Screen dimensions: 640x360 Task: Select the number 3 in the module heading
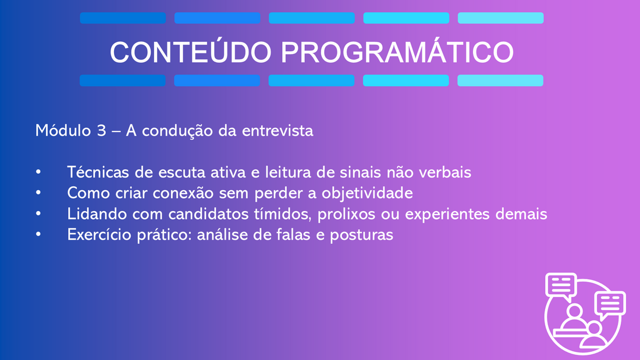[102, 131]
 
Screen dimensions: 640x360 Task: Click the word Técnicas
[98, 172]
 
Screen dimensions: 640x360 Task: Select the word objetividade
[367, 193]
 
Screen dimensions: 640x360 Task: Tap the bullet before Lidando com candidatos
[38, 213]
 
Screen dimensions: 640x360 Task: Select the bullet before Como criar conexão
[38, 193]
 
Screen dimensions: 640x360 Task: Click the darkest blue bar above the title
[123, 18]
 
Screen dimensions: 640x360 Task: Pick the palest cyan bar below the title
[500, 80]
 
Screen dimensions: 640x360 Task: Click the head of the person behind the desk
[575, 311]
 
